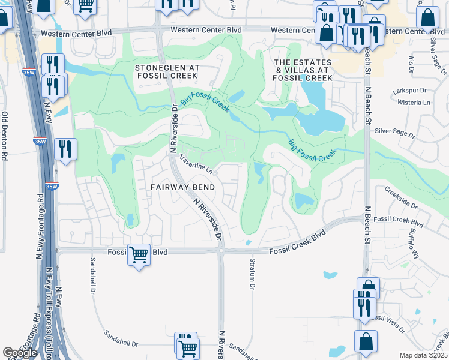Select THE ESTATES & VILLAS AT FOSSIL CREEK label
(303, 70)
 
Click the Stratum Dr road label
(252, 274)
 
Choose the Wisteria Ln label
(418, 103)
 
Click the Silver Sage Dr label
(394, 132)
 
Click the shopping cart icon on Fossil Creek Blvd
(139, 254)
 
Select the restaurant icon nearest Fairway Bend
(65, 148)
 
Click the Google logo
(20, 353)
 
